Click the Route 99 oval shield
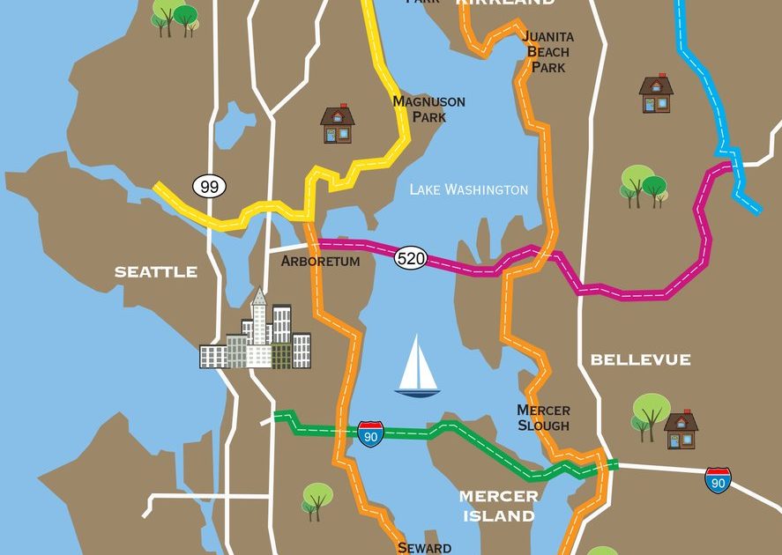click(x=209, y=186)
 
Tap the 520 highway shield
click(x=411, y=258)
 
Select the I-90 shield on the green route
click(x=371, y=433)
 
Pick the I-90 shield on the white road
click(x=719, y=480)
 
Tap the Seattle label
click(x=156, y=272)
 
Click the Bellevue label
click(x=640, y=359)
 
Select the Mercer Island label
click(x=499, y=506)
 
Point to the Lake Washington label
click(x=469, y=189)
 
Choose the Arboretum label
click(x=320, y=262)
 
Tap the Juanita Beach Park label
click(x=547, y=51)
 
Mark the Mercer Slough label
click(x=543, y=418)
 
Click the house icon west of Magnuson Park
click(x=337, y=124)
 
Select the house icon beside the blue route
click(x=656, y=93)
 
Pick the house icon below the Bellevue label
click(x=681, y=429)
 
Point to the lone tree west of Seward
click(x=317, y=500)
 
